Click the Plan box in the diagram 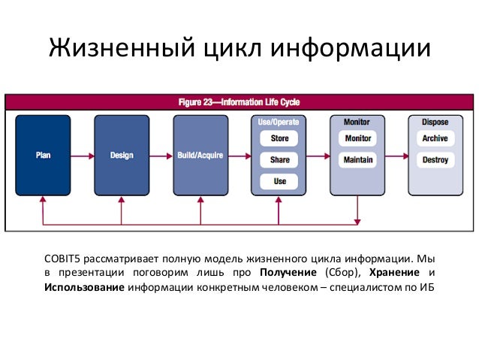click(43, 156)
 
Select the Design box click(122, 156)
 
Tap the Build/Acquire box click(200, 156)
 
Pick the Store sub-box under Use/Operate click(279, 139)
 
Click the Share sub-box click(279, 160)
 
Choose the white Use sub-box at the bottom click(279, 181)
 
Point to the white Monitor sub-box click(357, 139)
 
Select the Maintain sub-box click(357, 160)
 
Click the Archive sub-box click(435, 139)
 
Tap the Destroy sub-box click(435, 160)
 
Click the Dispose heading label click(435, 122)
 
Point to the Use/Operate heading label click(279, 122)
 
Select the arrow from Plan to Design click(82, 156)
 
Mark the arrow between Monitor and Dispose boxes click(396, 156)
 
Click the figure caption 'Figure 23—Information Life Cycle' click(239, 101)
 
